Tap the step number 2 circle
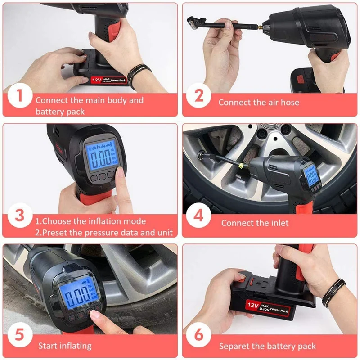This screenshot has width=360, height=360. [198, 97]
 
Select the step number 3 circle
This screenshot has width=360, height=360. [19, 216]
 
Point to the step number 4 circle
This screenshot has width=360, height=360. [198, 216]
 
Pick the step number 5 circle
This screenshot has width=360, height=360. [19, 336]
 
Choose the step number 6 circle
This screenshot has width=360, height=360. [198, 336]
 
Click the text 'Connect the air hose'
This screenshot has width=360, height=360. [258, 103]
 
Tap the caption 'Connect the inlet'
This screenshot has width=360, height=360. [255, 223]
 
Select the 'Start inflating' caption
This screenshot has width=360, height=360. [65, 346]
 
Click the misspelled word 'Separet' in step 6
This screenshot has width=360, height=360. [234, 346]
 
